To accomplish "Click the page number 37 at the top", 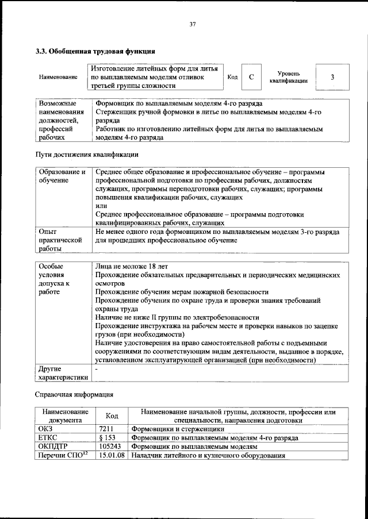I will [x=193, y=24].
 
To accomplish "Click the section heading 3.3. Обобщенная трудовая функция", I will [x=95, y=51].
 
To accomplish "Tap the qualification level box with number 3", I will [x=332, y=77].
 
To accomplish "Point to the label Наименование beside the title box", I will [x=57, y=77].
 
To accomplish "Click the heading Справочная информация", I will [x=75, y=395].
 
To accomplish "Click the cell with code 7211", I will [x=107, y=429].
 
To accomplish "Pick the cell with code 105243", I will [x=110, y=446].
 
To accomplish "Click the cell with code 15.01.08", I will [x=112, y=455].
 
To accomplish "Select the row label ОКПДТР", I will [x=53, y=446].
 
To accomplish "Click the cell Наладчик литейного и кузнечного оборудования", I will [x=208, y=455].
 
